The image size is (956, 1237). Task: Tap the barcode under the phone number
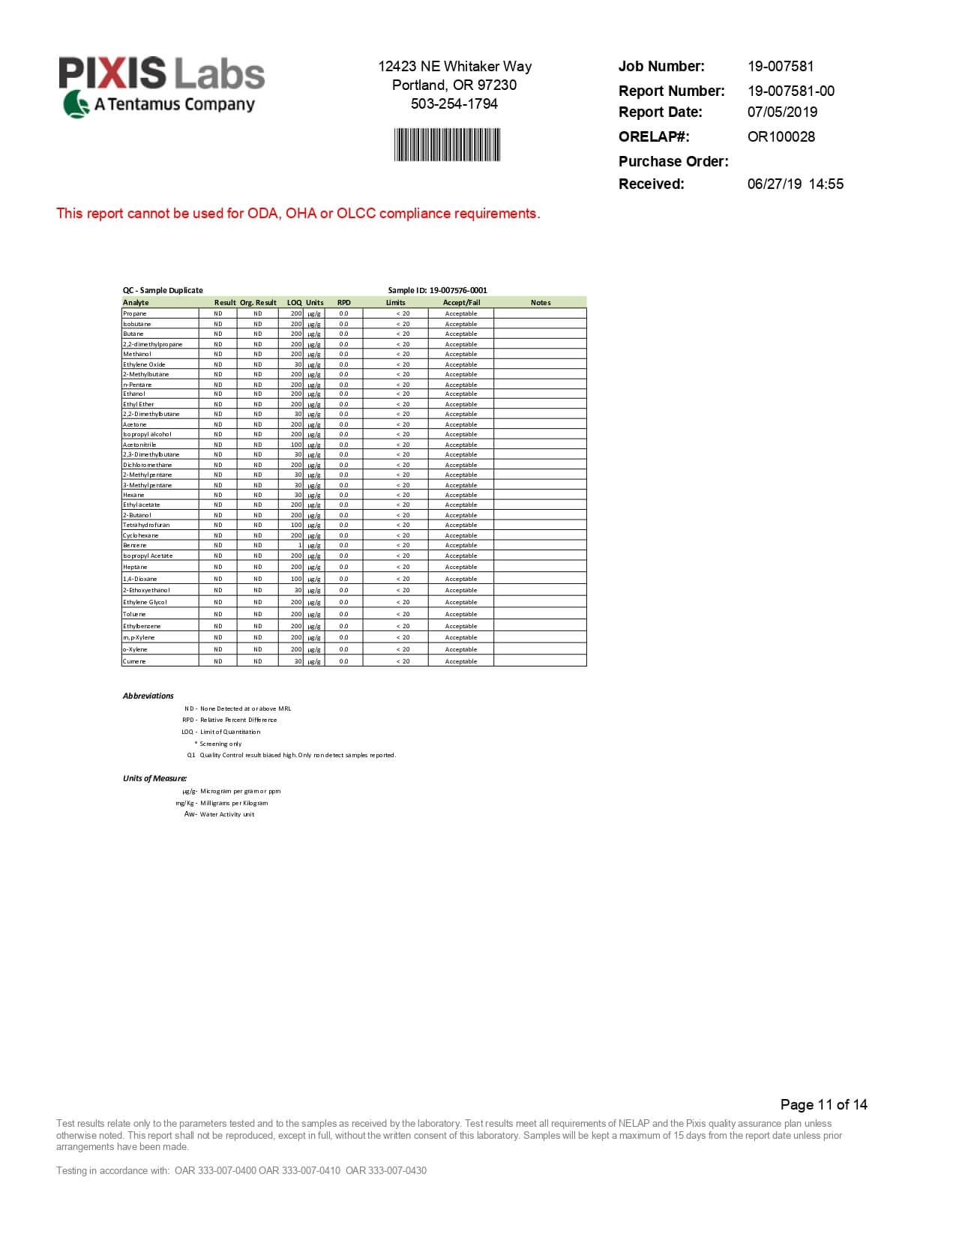click(x=447, y=145)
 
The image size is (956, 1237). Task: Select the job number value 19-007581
click(x=780, y=67)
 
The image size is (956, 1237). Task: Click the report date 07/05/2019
click(x=782, y=112)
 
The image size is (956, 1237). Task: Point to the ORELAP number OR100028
click(x=781, y=137)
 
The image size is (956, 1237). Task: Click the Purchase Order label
click(x=673, y=162)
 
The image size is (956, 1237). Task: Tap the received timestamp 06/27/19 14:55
click(x=795, y=184)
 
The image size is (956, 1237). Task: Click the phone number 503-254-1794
click(x=454, y=104)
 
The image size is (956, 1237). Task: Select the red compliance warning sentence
click(x=298, y=214)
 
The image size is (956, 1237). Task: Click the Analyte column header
click(x=136, y=303)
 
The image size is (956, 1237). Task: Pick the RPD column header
click(x=343, y=303)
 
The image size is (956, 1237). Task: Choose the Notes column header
click(x=540, y=303)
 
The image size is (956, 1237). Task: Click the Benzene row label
click(x=135, y=546)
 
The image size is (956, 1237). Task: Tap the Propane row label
click(x=135, y=314)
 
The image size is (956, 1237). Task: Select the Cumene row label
click(x=134, y=662)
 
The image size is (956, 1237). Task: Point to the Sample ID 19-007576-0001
click(x=437, y=291)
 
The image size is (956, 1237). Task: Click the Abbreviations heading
click(x=148, y=696)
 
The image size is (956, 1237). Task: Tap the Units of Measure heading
click(x=154, y=779)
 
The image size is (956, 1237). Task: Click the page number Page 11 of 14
click(x=823, y=1105)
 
